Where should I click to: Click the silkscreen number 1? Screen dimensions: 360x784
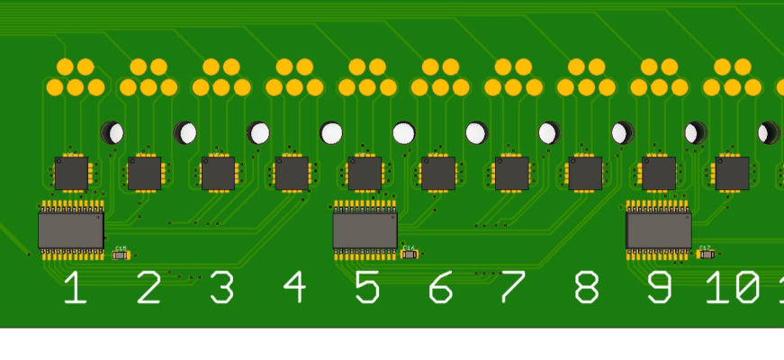tap(75, 288)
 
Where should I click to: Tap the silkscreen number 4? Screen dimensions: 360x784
tap(294, 288)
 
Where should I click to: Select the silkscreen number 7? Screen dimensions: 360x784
tap(512, 288)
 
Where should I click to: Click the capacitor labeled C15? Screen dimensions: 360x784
tap(121, 256)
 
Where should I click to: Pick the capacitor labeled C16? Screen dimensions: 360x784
tap(410, 255)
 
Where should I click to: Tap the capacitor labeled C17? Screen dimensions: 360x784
tap(706, 255)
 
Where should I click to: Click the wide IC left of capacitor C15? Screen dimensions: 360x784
tap(70, 230)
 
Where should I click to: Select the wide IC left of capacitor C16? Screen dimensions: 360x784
tap(365, 230)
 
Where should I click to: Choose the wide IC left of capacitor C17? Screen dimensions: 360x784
tap(659, 230)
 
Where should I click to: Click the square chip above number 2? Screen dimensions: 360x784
tap(144, 174)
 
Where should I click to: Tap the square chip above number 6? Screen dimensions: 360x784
tap(437, 174)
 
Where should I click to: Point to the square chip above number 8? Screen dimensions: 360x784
tap(585, 174)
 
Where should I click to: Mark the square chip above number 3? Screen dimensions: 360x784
tap(218, 174)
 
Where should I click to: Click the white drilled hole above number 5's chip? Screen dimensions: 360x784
tap(331, 133)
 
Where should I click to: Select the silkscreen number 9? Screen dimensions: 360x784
tap(659, 288)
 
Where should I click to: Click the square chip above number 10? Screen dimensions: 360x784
tap(732, 174)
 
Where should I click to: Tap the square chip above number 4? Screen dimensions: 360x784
tap(292, 174)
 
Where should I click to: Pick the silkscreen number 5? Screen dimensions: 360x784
tap(366, 288)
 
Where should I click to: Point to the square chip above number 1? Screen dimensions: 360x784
tap(71, 174)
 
